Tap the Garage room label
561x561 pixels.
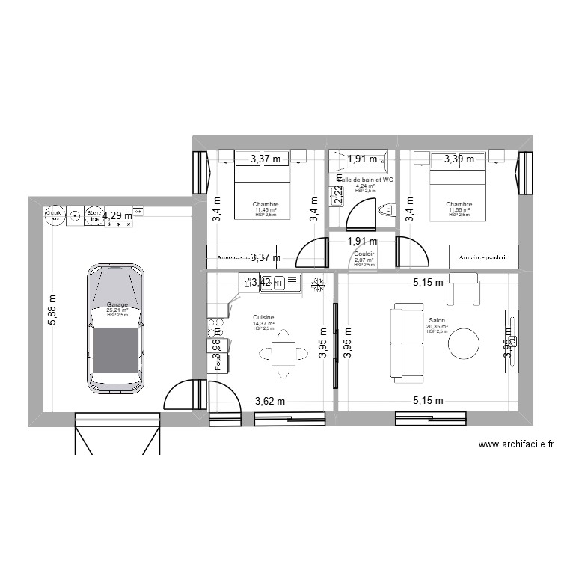point(117,304)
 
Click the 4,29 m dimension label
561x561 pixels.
point(118,216)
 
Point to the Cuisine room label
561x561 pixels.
point(263,316)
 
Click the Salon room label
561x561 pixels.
point(437,319)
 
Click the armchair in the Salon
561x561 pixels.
point(462,289)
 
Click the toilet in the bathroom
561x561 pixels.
point(385,209)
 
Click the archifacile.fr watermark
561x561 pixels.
point(515,444)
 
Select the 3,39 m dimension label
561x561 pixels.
point(459,159)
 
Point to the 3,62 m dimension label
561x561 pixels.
point(270,401)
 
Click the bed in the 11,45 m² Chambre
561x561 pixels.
point(263,191)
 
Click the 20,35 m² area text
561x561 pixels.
point(437,326)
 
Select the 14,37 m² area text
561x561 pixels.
point(263,323)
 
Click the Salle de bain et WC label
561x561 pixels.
point(366,180)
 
